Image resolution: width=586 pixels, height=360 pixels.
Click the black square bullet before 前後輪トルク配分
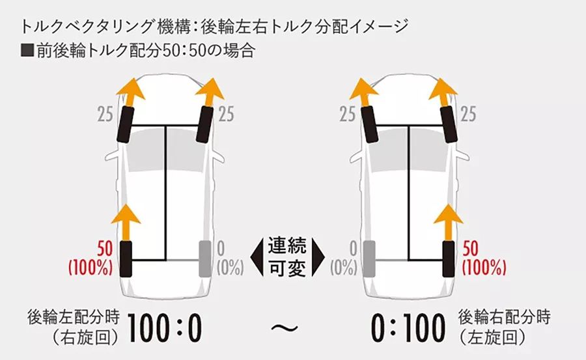click(x=27, y=51)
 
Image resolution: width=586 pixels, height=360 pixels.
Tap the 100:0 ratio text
click(x=164, y=328)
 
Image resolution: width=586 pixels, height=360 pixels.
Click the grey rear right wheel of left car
click(x=205, y=257)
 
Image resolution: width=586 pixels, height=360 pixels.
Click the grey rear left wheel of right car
click(x=369, y=257)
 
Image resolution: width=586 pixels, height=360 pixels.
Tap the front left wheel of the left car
click(x=125, y=126)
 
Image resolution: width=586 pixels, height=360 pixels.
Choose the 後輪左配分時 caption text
click(x=74, y=318)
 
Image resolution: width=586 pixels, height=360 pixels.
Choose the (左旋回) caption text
click(x=492, y=338)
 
